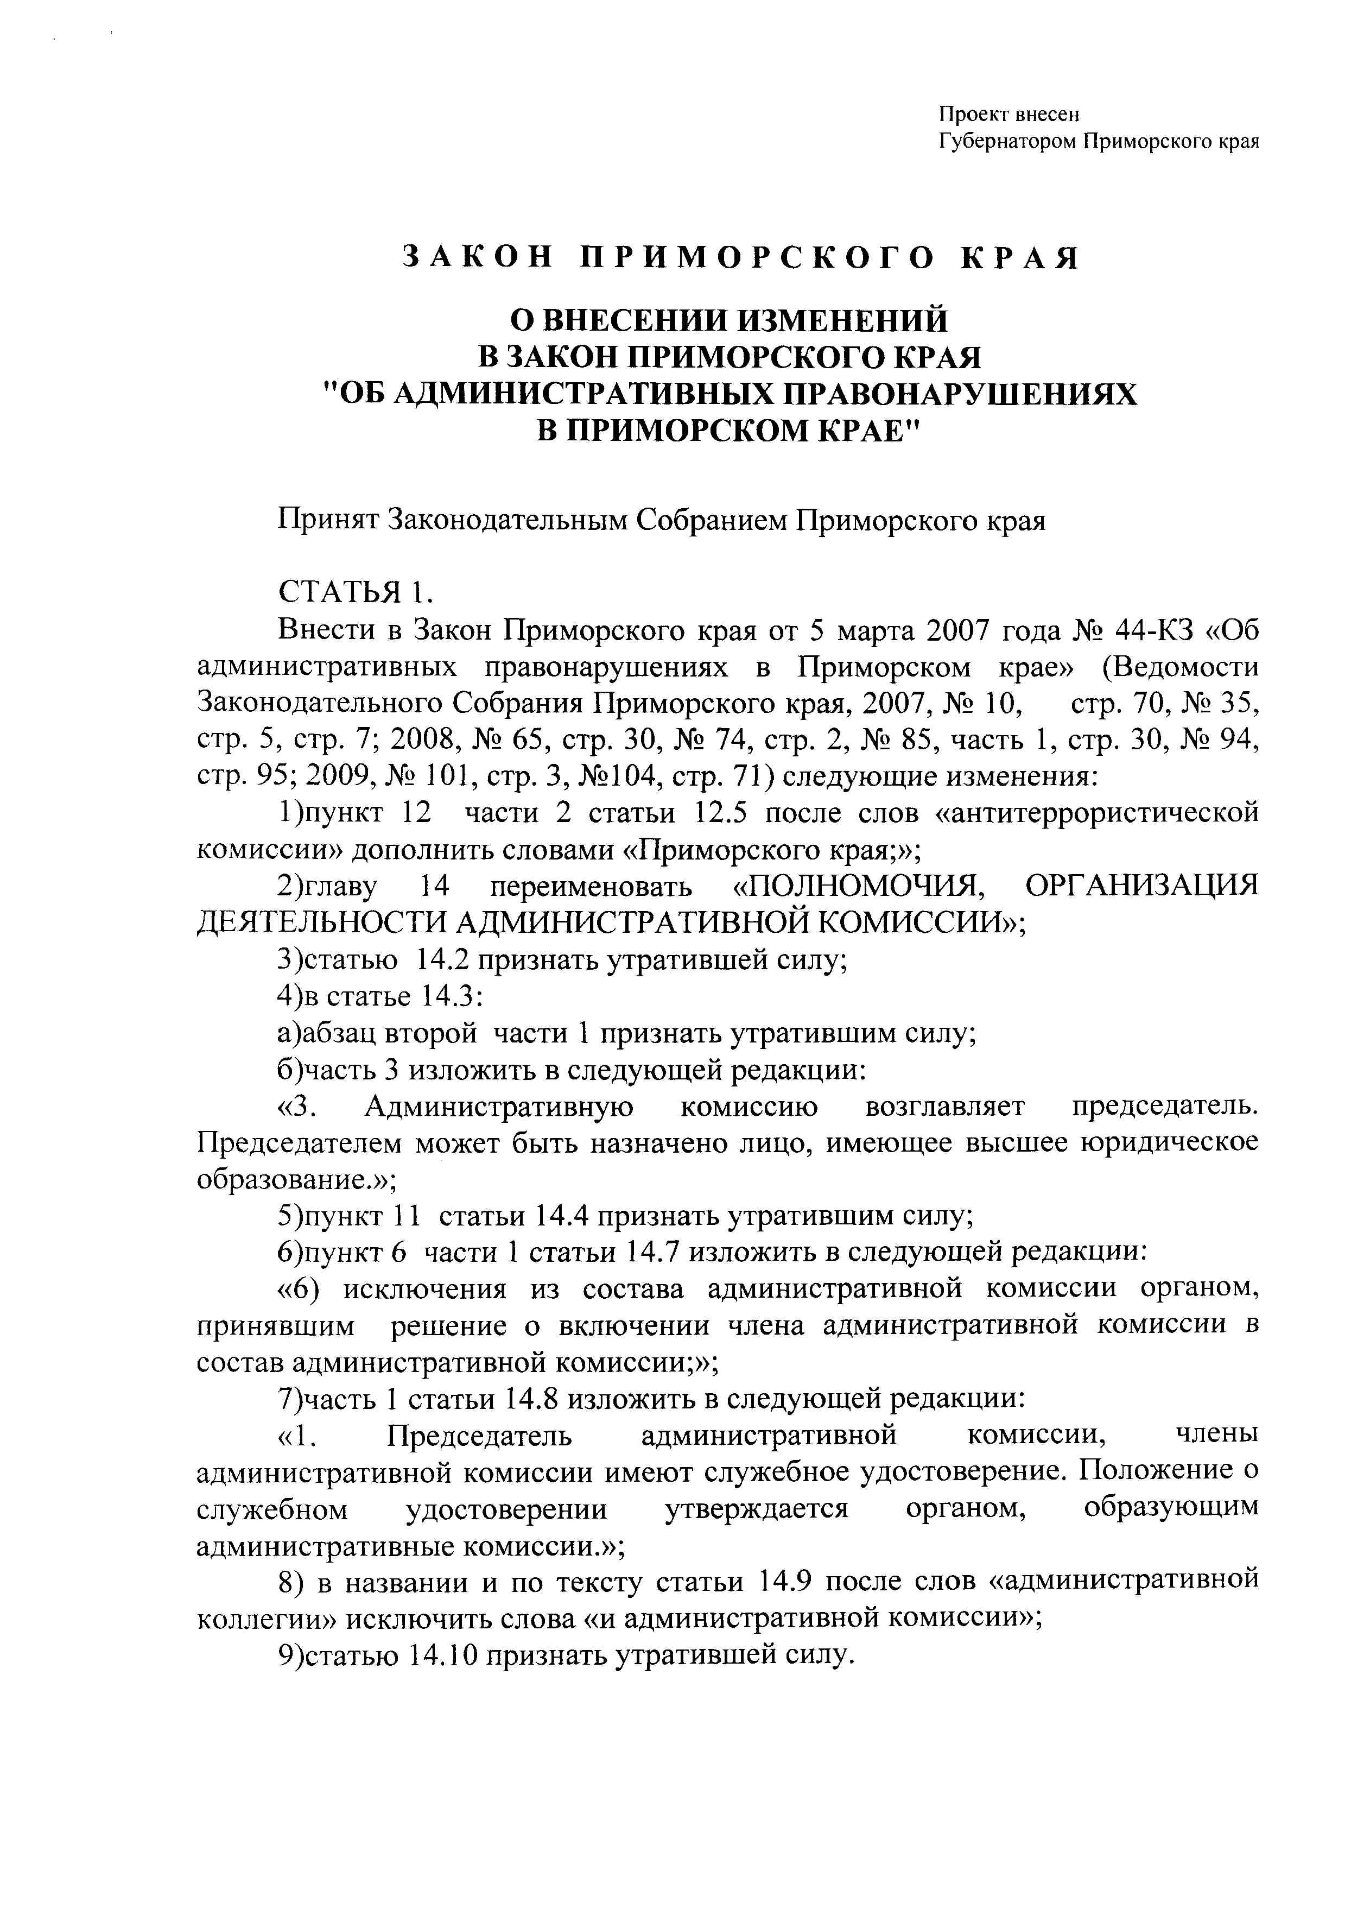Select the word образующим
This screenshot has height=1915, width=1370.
[1171, 1508]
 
